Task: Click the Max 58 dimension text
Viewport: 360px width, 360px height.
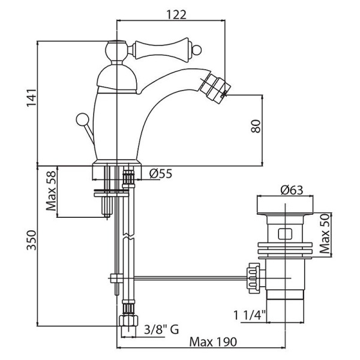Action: pos(52,193)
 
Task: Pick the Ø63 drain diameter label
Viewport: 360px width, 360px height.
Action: pos(290,190)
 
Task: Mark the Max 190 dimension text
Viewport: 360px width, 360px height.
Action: pos(213,341)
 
